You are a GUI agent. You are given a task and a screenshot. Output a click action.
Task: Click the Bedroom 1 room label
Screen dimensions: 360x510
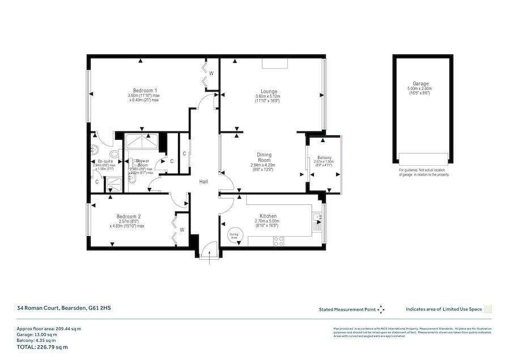[145, 91]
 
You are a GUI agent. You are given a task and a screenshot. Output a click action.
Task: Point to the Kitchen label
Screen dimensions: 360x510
[268, 217]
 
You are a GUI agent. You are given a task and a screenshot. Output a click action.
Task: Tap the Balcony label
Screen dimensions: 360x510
[324, 158]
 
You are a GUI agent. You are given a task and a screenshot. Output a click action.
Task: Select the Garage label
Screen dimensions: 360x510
[420, 83]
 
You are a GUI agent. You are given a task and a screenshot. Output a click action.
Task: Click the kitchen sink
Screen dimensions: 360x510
[317, 217]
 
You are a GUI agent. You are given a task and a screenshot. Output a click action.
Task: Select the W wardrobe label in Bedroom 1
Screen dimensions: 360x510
[211, 73]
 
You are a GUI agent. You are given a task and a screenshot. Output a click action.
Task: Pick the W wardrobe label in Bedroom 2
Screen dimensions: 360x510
[182, 230]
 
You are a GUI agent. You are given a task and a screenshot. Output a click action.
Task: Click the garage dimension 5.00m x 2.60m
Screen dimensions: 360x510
[420, 89]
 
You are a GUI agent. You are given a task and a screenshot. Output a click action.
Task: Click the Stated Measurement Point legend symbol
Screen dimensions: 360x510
[381, 310]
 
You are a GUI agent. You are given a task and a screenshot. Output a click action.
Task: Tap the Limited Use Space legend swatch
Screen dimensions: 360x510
[488, 309]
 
